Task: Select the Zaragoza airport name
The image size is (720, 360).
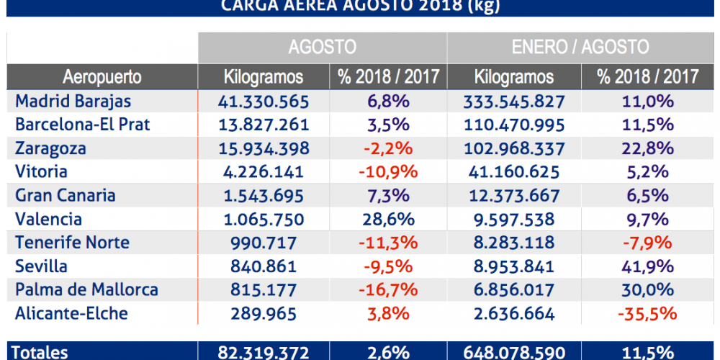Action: pos(50,148)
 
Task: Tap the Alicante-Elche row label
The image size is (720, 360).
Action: pos(71,314)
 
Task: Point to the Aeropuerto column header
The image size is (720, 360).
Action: pos(102,77)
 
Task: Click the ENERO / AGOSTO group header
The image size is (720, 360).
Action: pos(580,48)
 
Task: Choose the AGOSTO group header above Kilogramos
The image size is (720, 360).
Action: pos(323,48)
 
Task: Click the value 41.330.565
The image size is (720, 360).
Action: pos(264,101)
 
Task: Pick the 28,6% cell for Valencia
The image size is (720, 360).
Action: pos(389,220)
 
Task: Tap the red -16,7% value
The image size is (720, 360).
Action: pos(389,290)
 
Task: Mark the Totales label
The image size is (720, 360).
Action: pos(42,352)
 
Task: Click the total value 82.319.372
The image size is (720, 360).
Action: pos(264,352)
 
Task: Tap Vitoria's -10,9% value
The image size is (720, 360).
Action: pos(389,172)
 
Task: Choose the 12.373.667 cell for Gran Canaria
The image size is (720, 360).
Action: pos(514,196)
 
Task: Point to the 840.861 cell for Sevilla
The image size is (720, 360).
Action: pos(264,266)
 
